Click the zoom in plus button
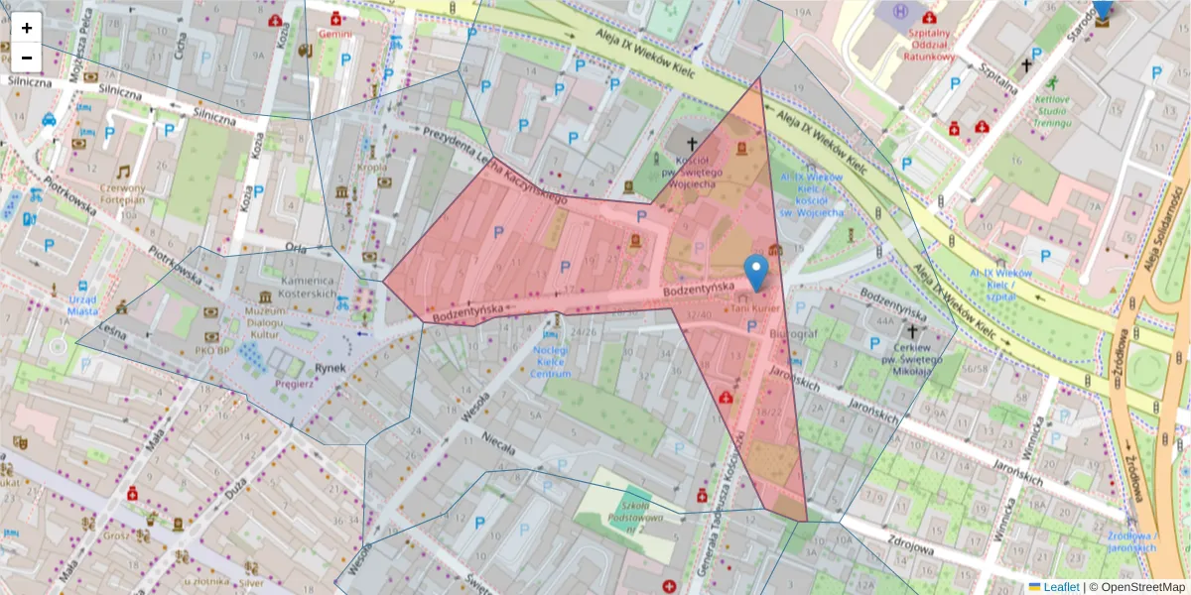(x=26, y=28)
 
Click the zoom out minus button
(x=26, y=58)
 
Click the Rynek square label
(x=330, y=368)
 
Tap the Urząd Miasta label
(x=84, y=305)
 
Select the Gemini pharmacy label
(x=335, y=33)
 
